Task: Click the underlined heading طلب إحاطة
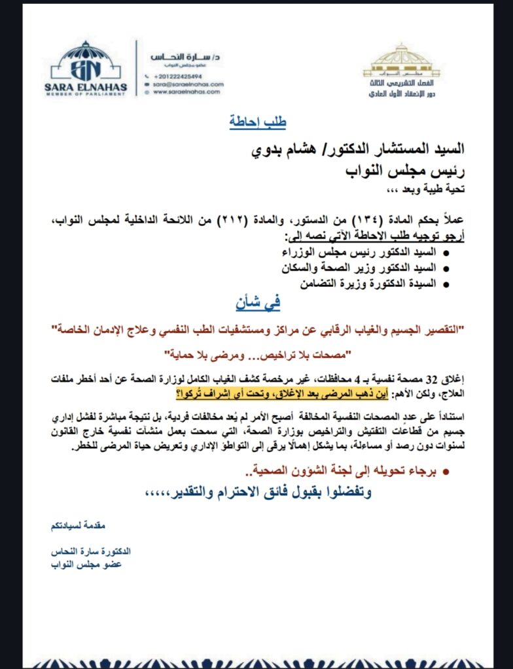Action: coord(257,122)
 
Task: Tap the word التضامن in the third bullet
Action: coord(320,284)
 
